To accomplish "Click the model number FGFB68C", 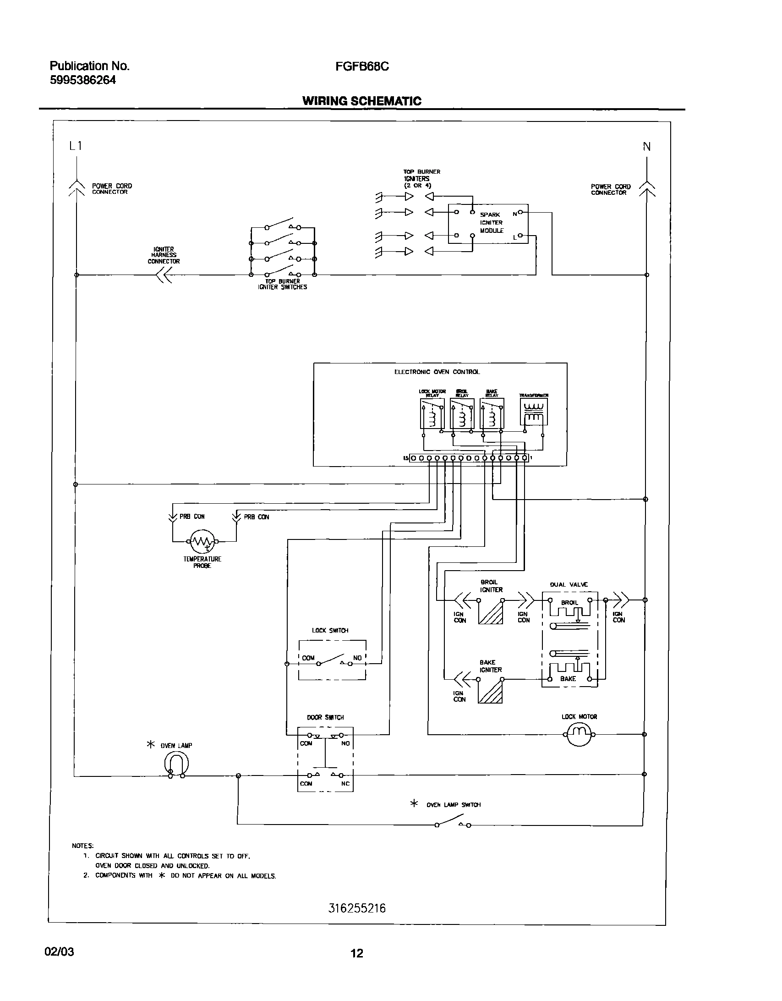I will point(362,66).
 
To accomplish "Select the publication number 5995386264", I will point(82,80).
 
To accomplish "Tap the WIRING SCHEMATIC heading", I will point(362,101).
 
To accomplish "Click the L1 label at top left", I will point(75,146).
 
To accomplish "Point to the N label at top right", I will point(646,147).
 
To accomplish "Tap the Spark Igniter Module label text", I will point(492,223).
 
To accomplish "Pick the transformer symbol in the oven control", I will point(534,412).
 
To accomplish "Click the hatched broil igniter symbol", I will point(491,612).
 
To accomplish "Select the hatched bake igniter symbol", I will point(490,691).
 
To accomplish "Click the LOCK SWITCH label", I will point(330,631).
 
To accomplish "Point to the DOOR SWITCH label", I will point(325,717).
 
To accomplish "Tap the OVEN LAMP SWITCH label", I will point(453,805).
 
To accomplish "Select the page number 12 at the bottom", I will point(357,953).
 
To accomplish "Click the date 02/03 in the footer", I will point(59,951).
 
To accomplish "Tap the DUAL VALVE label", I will point(569,585).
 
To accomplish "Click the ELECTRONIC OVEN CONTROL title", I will point(437,372).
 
